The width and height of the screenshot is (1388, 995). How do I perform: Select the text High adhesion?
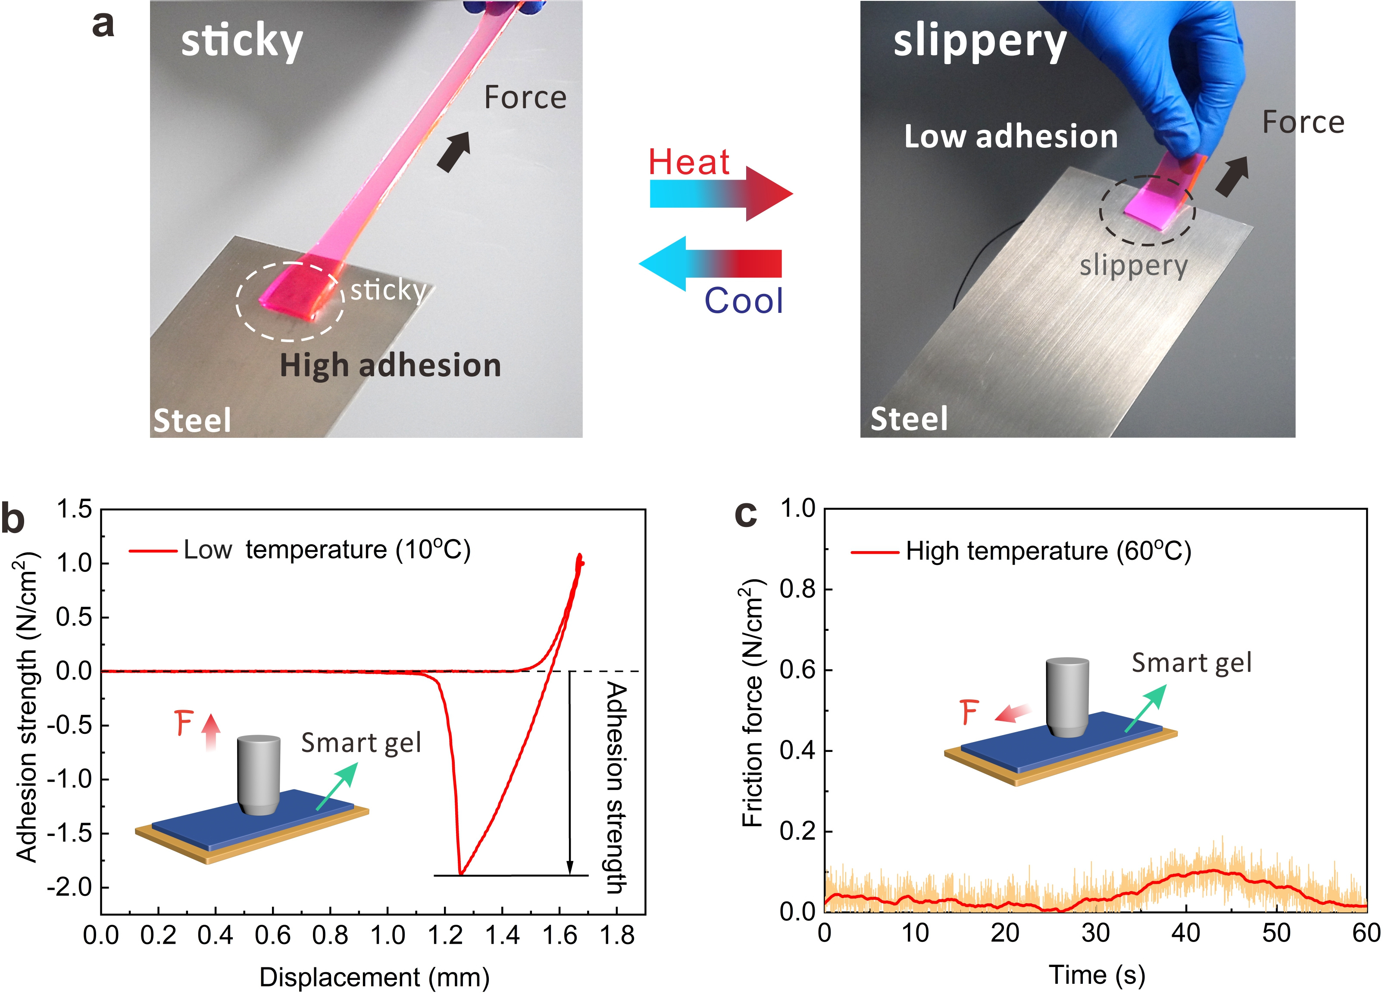pos(391,365)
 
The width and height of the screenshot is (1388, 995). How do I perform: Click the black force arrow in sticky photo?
pos(454,151)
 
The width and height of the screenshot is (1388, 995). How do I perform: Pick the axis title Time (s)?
pos(1097,975)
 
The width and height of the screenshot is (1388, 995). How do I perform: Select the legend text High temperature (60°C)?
pos(1048,551)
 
